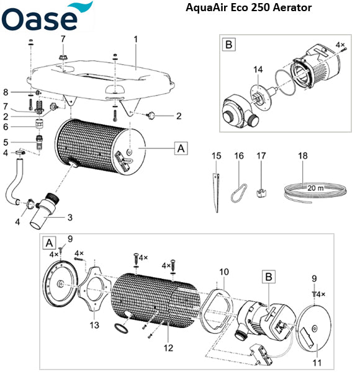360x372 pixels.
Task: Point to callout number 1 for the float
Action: click(x=135, y=38)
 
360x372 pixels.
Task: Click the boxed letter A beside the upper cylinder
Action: click(x=181, y=149)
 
